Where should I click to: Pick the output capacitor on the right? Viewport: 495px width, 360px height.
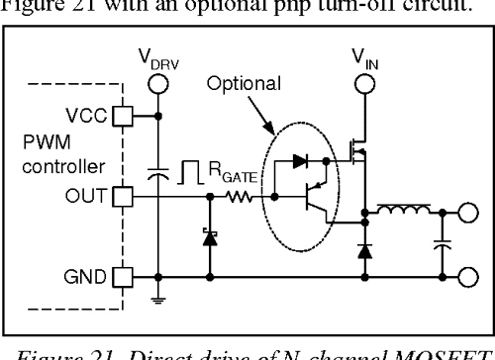(x=440, y=242)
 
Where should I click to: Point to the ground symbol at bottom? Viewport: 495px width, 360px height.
(x=159, y=294)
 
